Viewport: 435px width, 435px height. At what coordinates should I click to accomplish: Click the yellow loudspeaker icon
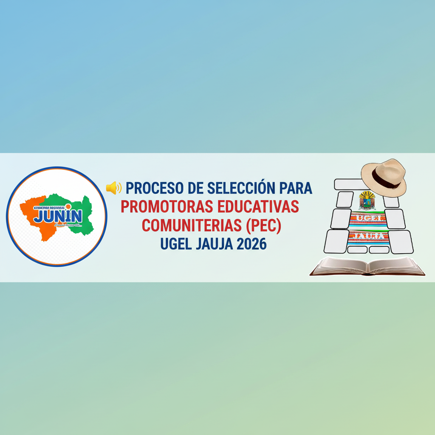tap(113, 187)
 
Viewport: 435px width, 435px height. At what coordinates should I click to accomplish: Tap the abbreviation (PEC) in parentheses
tap(264, 226)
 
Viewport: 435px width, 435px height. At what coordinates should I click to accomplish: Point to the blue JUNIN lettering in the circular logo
tap(58, 215)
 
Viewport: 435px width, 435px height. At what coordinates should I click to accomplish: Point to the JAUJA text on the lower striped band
tap(368, 236)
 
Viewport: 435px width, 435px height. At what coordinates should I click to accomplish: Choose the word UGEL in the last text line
tap(174, 244)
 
